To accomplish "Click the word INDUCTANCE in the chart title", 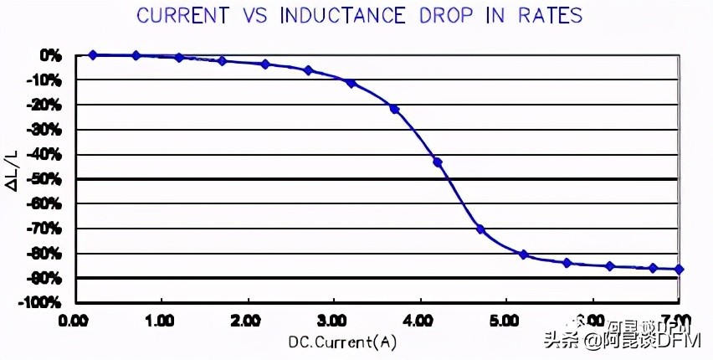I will click(x=345, y=15).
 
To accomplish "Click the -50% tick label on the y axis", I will click(x=45, y=179).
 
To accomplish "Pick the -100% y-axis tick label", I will click(x=42, y=302).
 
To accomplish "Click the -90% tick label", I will click(x=45, y=278).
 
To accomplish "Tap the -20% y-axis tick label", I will click(x=45, y=105).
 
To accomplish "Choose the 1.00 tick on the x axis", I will click(x=161, y=320).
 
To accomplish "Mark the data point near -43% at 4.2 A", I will click(x=437, y=162).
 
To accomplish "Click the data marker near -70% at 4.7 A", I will click(x=480, y=229).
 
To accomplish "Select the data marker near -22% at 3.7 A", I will click(x=394, y=109).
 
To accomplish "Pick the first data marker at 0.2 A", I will click(x=93, y=54).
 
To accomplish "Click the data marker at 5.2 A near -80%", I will click(x=523, y=254).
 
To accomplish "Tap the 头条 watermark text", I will click(x=562, y=340).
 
